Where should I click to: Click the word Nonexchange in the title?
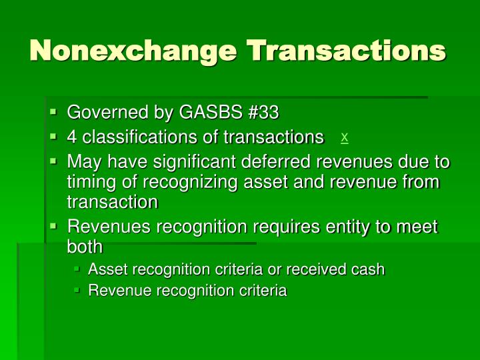[133, 51]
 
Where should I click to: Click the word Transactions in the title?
[346, 51]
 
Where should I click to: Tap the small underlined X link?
[344, 137]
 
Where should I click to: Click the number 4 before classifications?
[71, 137]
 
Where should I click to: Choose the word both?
[85, 247]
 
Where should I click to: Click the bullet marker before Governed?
[53, 112]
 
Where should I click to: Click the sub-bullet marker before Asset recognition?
[77, 269]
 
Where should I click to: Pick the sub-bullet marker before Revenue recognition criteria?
[77, 291]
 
